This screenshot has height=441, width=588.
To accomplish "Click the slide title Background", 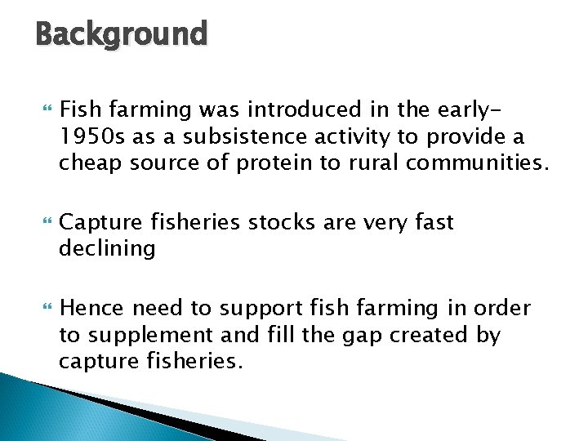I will coord(122,35).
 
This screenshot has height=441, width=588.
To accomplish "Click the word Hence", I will coord(91,308).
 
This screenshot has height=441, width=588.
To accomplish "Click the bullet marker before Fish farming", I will coord(45,110).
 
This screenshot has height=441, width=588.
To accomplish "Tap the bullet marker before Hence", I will coord(45,309).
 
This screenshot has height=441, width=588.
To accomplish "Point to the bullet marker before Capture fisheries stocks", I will coord(45,223).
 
